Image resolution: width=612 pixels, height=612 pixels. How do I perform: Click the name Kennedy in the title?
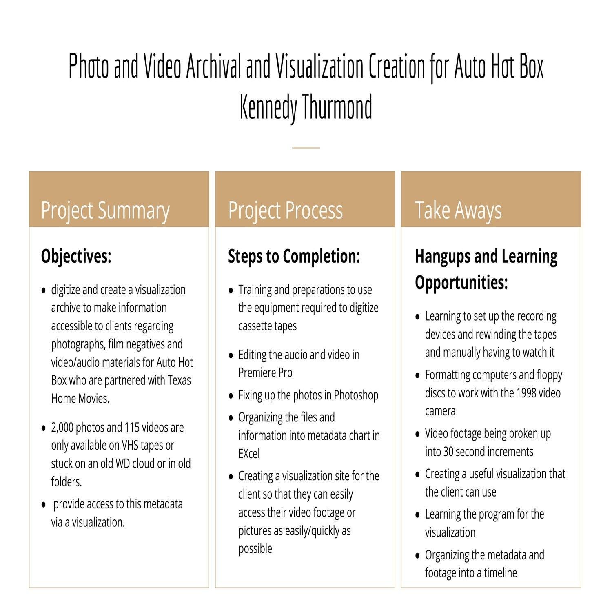(x=268, y=107)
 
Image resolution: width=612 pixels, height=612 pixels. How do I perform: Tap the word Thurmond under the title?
(x=337, y=107)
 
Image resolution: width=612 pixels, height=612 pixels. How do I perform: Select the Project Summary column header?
(x=105, y=211)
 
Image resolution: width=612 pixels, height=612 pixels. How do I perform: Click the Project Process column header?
(x=285, y=211)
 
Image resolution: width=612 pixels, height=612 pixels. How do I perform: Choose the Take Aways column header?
(x=458, y=211)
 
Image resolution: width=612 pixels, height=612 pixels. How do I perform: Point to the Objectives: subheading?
(x=76, y=257)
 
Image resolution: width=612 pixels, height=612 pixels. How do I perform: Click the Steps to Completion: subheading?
(x=294, y=257)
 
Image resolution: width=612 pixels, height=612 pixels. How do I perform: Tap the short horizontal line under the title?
(x=306, y=147)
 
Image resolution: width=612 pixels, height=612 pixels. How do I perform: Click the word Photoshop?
(x=356, y=395)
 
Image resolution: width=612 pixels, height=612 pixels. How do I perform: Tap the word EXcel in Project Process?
(x=249, y=454)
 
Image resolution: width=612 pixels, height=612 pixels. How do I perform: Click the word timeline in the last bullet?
(x=500, y=573)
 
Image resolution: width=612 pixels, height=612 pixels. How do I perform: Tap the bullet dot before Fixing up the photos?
(x=231, y=396)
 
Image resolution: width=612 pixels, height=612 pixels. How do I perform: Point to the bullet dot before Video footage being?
(x=417, y=434)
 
